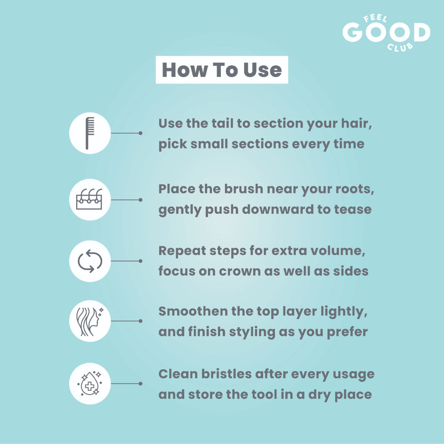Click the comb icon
(90, 133)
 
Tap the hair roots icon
(89, 199)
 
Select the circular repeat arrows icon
(90, 261)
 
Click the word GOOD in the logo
(386, 32)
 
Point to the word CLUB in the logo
(400, 47)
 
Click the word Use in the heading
(262, 70)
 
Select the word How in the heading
(185, 70)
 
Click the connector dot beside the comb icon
(140, 133)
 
